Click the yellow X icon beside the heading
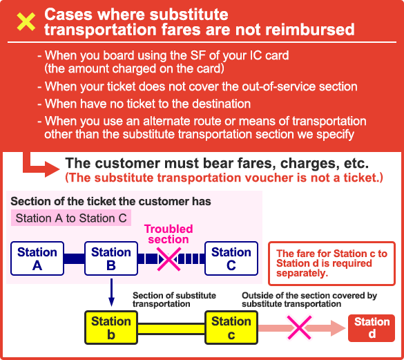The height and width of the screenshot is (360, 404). (x=26, y=22)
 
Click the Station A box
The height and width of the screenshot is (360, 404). (x=37, y=258)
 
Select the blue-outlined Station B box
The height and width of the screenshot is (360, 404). (x=111, y=258)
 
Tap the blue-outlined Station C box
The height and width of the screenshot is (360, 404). (x=231, y=258)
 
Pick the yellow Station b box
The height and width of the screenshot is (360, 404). (x=111, y=328)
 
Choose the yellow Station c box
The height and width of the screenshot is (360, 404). (x=231, y=328)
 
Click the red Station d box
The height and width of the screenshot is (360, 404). (x=372, y=328)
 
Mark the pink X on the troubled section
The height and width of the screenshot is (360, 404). (x=169, y=259)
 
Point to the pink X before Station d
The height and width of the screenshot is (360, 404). (x=299, y=328)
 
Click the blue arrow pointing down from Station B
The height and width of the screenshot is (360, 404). (x=111, y=292)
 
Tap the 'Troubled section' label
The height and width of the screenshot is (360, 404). (x=169, y=234)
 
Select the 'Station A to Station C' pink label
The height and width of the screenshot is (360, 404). (x=71, y=218)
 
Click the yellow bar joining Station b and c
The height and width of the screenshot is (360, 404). (x=171, y=329)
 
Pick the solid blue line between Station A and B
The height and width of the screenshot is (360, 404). (x=74, y=258)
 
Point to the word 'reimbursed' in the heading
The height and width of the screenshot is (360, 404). (x=309, y=30)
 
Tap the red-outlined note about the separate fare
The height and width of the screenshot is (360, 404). (x=331, y=263)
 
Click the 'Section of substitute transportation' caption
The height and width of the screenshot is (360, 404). (x=174, y=299)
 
